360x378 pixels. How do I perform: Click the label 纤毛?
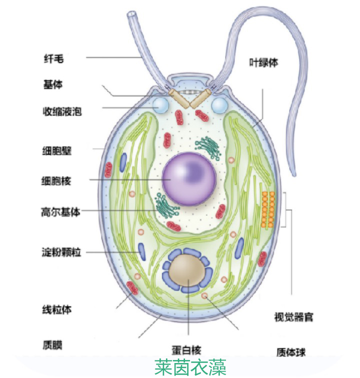[x=53, y=58]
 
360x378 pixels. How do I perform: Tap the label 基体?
[x=53, y=84]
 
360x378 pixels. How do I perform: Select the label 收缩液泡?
[x=62, y=112]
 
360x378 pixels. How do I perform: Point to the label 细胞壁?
[x=57, y=151]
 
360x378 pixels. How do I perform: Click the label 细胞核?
[x=56, y=181]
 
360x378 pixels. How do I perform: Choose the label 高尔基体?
[x=60, y=212]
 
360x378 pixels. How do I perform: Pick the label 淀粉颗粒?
[x=61, y=252]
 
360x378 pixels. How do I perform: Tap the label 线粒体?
[x=57, y=310]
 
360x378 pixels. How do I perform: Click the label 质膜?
[x=52, y=345]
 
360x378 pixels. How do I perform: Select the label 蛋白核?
[x=186, y=350]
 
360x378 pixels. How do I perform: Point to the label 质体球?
[x=291, y=352]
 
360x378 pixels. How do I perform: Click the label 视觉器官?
[x=293, y=317]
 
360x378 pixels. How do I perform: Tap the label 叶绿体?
[x=263, y=63]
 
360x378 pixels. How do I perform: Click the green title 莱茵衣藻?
[x=190, y=367]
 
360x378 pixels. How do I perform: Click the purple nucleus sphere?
[x=189, y=179]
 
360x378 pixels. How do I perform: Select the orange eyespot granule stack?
[x=268, y=210]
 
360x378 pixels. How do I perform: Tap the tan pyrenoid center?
[x=187, y=270]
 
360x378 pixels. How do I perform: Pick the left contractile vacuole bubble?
[x=160, y=105]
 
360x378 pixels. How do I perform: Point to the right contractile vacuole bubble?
[x=219, y=105]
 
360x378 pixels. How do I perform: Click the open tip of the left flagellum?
[x=132, y=14]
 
